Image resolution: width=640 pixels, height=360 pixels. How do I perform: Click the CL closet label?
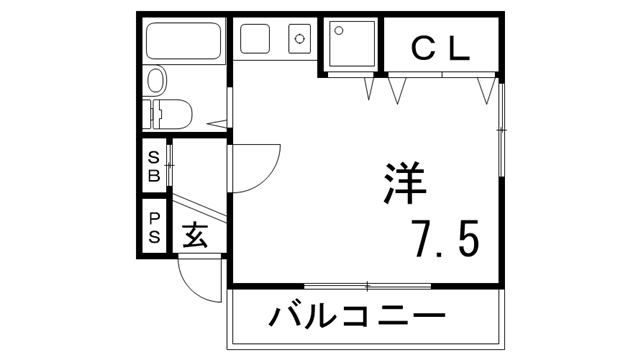pos(440,46)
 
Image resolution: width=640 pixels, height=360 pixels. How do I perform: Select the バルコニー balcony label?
pos(355,320)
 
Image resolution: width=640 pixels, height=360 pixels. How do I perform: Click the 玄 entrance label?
pos(196,238)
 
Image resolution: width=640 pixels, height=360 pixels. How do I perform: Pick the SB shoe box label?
pos(154,167)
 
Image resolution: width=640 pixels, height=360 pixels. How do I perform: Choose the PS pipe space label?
pos(154,227)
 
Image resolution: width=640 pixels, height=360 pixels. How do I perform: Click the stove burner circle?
pos(299,41)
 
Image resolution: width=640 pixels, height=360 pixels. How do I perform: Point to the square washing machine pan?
pos(350,45)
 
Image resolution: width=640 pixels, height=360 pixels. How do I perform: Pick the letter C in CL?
pos(423,46)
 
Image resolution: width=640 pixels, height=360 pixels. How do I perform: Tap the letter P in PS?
pos(154,217)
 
